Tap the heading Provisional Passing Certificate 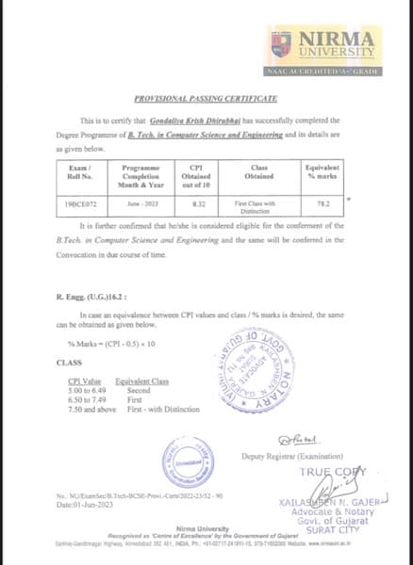click(206, 98)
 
